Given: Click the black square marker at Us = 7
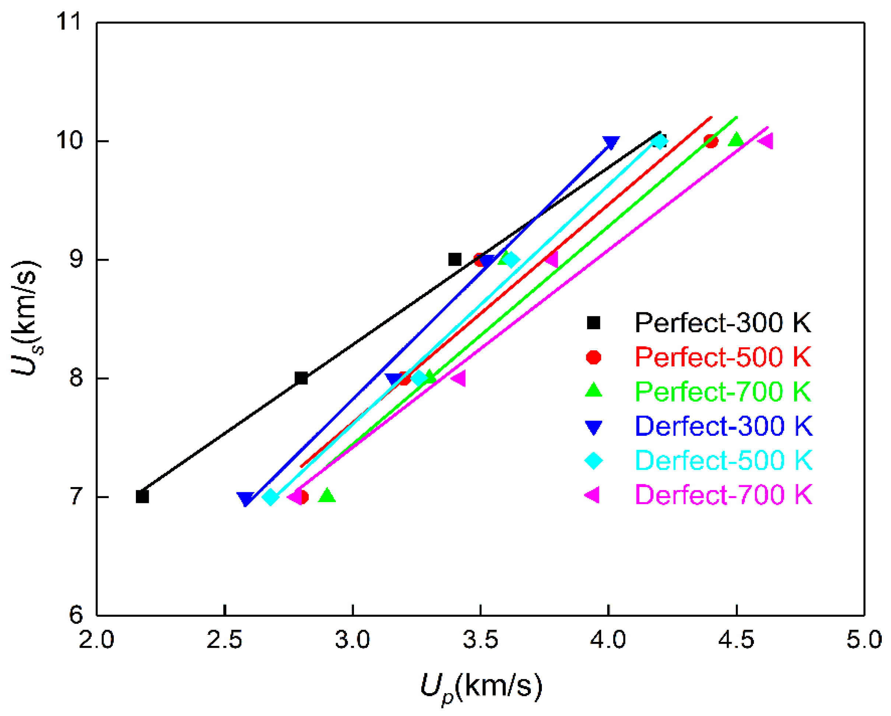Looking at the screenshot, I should (142, 496).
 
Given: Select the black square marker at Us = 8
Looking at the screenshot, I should (301, 378).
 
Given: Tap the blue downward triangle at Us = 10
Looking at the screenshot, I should (611, 142).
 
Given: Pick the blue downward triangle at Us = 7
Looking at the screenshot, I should (245, 498).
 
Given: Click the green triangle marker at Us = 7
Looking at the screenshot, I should (327, 495).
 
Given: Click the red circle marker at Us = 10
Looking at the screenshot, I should (711, 141).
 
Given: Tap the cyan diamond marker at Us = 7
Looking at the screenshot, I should (271, 497).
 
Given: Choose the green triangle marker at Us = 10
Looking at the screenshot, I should (736, 140).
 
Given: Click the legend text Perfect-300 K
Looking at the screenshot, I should (722, 323).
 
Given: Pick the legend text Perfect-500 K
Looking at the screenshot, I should (722, 357).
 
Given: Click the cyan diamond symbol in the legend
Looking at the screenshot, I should (593, 460).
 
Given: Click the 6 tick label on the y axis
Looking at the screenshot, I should (76, 615).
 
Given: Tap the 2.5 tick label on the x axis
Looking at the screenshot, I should (224, 640).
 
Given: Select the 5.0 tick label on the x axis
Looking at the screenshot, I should (864, 640).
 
